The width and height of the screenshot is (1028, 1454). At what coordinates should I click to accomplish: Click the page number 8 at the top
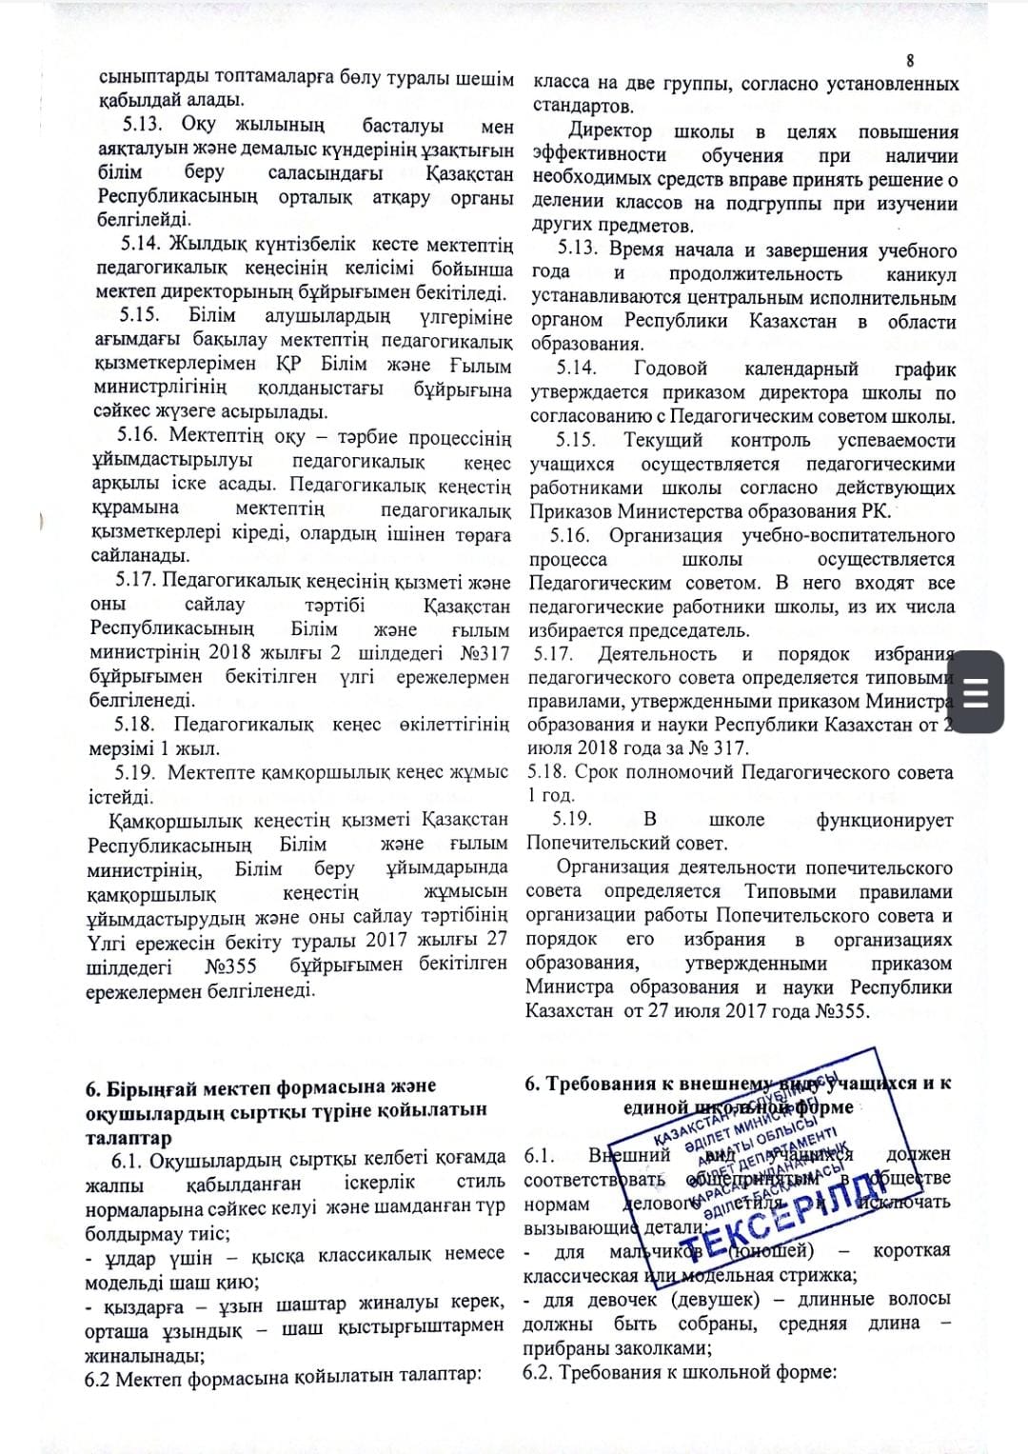(910, 60)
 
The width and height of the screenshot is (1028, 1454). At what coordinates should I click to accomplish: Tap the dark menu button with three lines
(977, 692)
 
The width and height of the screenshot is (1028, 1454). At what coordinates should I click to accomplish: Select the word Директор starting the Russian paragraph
(610, 131)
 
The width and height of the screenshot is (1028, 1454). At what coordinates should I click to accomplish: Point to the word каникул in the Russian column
(920, 274)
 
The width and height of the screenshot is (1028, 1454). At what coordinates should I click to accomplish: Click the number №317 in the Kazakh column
(485, 653)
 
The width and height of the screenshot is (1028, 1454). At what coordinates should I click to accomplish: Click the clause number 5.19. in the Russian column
(572, 819)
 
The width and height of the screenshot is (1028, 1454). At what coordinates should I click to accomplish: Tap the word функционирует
(884, 820)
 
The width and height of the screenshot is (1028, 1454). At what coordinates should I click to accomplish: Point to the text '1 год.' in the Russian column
(551, 795)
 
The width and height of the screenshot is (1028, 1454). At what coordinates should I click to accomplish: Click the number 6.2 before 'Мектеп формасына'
(97, 1378)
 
